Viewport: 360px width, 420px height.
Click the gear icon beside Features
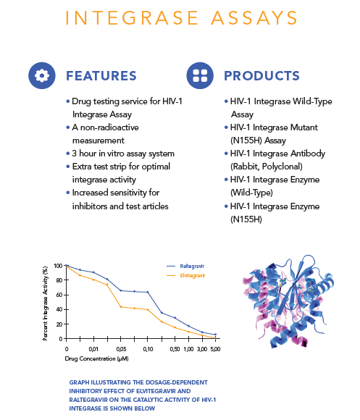pos(42,75)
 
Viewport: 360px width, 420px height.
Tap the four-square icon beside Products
pos(200,75)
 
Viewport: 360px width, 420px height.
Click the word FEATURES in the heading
pos(101,76)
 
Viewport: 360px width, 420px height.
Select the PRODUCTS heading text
pos(261,76)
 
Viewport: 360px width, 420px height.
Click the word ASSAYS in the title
pos(254,17)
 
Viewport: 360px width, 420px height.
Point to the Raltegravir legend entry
pos(185,266)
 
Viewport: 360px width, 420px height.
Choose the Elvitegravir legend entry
pos(186,275)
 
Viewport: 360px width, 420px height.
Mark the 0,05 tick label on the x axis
pos(121,349)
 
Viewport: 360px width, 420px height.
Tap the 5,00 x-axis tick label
pos(215,349)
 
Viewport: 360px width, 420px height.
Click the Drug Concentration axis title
pos(96,358)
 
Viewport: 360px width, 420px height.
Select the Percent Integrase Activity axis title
pos(45,303)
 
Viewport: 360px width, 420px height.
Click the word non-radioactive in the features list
pos(109,127)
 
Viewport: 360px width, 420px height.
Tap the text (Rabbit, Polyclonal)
pos(267,167)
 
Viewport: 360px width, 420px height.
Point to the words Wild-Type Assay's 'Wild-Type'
pos(312,101)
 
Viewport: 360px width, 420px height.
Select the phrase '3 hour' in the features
pos(84,154)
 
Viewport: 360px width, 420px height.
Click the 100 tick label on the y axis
pos(58,266)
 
